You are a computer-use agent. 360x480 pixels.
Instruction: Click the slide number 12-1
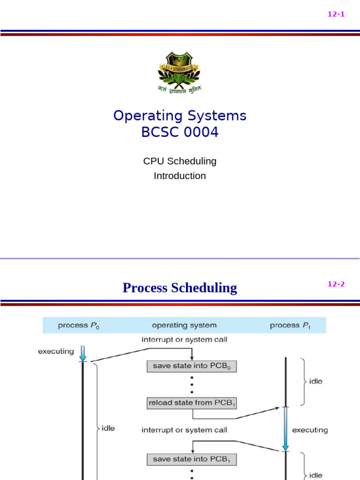[336, 14]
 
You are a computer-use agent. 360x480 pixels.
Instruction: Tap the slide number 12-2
[336, 284]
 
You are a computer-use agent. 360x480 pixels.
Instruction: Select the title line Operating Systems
[180, 115]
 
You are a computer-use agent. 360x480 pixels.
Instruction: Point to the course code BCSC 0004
[180, 133]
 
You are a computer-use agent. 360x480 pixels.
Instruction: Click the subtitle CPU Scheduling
[180, 161]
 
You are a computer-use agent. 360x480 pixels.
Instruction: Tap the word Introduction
[180, 176]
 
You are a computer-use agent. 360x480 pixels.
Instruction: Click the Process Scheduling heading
[180, 287]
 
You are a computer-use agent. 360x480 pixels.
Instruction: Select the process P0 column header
[78, 325]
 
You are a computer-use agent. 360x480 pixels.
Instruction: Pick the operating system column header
[184, 325]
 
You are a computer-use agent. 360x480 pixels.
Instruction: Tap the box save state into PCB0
[191, 366]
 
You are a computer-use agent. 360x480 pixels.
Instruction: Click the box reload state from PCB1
[191, 402]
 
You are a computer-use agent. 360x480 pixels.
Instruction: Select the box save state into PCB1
[191, 459]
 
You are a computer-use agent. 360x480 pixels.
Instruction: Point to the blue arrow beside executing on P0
[82, 353]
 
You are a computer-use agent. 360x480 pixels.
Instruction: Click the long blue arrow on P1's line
[285, 429]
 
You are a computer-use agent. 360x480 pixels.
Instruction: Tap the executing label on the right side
[310, 429]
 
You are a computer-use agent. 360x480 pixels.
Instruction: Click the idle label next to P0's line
[108, 428]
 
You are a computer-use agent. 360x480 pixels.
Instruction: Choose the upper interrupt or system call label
[184, 339]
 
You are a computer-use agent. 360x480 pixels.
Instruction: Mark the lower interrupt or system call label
[184, 429]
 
